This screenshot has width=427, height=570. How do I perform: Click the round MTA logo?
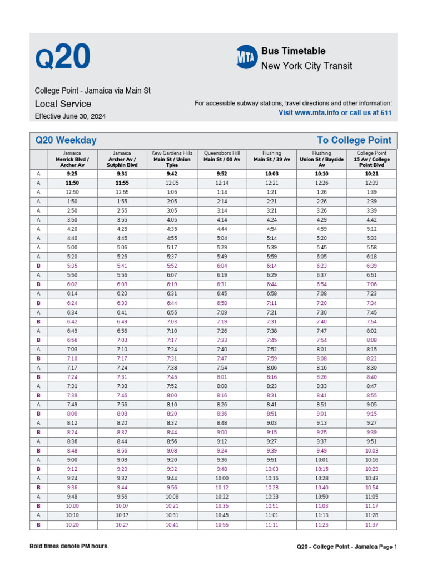pos(246,57)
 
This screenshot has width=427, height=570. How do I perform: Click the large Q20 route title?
pos(62,58)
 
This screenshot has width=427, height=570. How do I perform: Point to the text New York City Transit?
pos(306,66)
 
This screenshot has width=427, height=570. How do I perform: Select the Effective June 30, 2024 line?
pos(70,116)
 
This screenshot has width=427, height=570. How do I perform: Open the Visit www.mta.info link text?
pos(335,112)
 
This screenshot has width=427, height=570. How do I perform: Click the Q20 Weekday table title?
pos(66,140)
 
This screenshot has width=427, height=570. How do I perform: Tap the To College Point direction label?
pos(354,140)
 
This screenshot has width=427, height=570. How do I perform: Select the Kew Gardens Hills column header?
pos(172,159)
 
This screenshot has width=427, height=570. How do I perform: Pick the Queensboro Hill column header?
pos(222,156)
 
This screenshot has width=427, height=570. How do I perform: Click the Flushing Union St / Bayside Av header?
pos(321,159)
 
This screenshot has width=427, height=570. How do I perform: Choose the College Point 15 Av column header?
pos(372,159)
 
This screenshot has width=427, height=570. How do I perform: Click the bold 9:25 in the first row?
pos(72,173)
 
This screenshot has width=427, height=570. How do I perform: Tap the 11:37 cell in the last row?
pos(372,525)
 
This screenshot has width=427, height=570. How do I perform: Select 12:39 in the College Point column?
pos(372,191)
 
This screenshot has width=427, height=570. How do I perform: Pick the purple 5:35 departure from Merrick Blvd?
pos(72,266)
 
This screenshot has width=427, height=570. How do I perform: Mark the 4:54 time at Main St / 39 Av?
pos(271,229)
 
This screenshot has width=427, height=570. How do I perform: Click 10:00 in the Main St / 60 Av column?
pos(222,478)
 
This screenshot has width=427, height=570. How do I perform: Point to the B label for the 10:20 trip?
pos(38,525)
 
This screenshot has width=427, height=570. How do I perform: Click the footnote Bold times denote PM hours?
pos(69,546)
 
